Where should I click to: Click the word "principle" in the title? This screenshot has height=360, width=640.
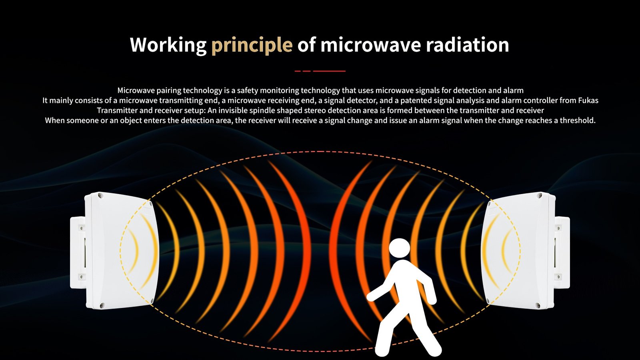(252, 45)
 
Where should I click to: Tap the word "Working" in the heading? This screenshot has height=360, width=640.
(168, 45)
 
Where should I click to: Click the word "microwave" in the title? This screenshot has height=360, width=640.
(370, 44)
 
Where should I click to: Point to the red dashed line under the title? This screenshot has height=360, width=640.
(320, 71)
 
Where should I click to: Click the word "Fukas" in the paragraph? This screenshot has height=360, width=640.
(588, 100)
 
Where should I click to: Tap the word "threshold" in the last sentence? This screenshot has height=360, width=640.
(577, 120)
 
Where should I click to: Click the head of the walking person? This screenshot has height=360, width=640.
(399, 248)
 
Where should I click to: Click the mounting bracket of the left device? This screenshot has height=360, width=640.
(78, 252)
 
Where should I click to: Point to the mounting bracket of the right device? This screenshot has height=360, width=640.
(562, 252)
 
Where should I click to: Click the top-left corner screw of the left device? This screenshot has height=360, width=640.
(100, 196)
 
